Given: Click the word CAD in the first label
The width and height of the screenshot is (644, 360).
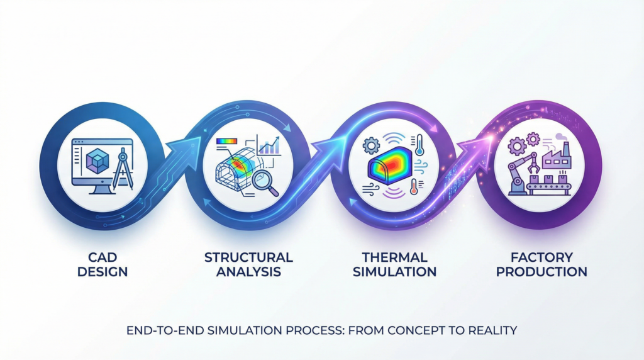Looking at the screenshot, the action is (103, 257).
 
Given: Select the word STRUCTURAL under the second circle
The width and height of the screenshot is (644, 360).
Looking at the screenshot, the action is (248, 257).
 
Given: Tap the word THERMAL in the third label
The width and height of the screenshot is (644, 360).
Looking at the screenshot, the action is (394, 257).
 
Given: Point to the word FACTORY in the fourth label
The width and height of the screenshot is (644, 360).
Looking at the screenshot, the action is (541, 257).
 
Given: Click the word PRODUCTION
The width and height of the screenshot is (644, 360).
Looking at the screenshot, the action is (541, 272).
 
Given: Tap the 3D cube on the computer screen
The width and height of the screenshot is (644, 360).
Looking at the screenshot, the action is (97, 160).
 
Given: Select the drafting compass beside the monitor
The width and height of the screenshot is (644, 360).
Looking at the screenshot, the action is (123, 169).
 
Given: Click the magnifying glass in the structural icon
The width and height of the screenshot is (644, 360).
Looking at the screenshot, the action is (265, 183).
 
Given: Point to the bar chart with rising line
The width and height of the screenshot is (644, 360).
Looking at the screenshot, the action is (269, 145).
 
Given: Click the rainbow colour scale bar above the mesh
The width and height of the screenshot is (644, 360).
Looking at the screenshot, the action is (226, 141).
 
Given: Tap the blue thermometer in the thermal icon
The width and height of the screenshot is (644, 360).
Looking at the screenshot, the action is (419, 145).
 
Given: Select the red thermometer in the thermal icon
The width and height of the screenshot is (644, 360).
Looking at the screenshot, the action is (414, 187).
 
